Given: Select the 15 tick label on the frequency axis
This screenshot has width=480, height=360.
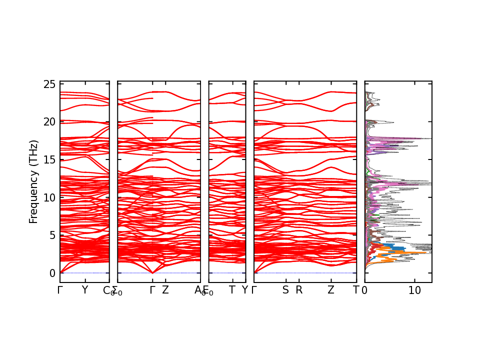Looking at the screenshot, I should tap(49, 159).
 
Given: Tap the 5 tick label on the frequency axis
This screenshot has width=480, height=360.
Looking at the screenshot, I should tap(52, 235).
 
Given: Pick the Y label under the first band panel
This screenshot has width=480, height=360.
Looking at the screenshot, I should tap(84, 290).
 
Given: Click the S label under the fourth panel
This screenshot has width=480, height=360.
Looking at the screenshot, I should tap(285, 290).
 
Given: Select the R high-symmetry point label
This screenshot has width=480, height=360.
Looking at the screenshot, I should tap(299, 290).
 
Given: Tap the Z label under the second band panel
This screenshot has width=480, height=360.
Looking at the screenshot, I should tap(165, 290).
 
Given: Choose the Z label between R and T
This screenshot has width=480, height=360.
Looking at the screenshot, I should tap(330, 290).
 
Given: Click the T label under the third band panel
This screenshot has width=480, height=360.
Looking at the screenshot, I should tap(232, 290).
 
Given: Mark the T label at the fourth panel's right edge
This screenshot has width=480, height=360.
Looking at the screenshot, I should tap(356, 290).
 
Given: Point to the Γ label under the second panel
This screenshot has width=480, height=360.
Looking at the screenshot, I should tap(152, 290).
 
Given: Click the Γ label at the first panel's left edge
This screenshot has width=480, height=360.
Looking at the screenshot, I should tap(60, 290).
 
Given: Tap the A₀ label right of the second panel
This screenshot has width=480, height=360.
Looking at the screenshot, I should tap(199, 291).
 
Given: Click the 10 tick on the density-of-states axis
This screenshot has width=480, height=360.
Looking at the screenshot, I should tap(414, 290).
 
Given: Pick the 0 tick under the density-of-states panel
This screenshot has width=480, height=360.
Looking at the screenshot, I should tap(364, 290).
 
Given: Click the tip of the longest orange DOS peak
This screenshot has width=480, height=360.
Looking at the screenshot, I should tap(426, 253).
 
